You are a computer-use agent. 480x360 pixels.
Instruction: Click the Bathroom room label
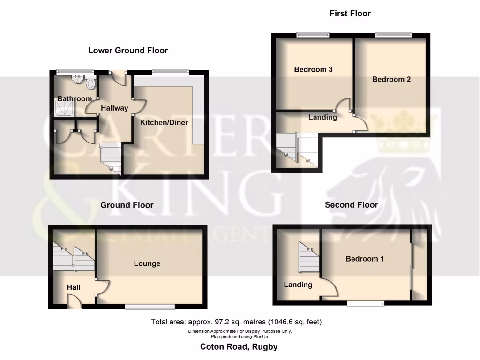point(75,99)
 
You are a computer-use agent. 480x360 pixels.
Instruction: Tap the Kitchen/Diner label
point(165,123)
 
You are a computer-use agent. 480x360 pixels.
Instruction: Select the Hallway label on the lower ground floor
point(114,108)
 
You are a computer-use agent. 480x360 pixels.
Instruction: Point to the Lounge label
point(147,263)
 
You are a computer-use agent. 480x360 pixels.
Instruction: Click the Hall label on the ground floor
point(74,287)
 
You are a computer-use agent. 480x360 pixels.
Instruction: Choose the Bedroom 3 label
point(313,69)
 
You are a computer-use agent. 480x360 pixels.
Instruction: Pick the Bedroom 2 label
point(391,80)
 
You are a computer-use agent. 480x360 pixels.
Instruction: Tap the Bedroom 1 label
point(365,259)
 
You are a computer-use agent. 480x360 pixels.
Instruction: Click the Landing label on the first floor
point(322,117)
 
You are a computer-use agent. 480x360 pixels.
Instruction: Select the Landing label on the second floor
point(298,285)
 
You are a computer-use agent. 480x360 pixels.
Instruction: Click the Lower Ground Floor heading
point(128,51)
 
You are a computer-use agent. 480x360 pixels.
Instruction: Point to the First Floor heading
point(350,14)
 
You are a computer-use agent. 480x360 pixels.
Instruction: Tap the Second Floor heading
point(352,205)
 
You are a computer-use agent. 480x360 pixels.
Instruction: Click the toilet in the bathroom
point(91,83)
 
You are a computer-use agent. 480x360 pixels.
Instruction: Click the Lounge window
point(150,307)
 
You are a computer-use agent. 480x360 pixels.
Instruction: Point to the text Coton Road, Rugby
point(239,347)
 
